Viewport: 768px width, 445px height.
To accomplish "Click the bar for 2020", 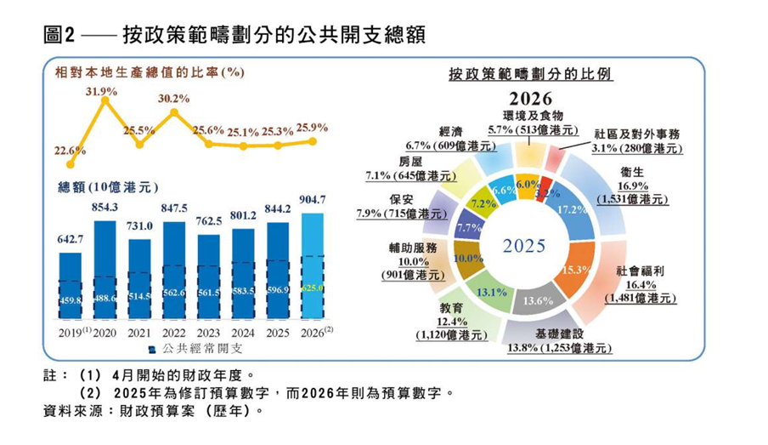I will (104, 272).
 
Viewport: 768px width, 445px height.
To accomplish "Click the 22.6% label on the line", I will (70, 151).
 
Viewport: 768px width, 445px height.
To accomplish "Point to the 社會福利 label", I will (640, 270).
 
